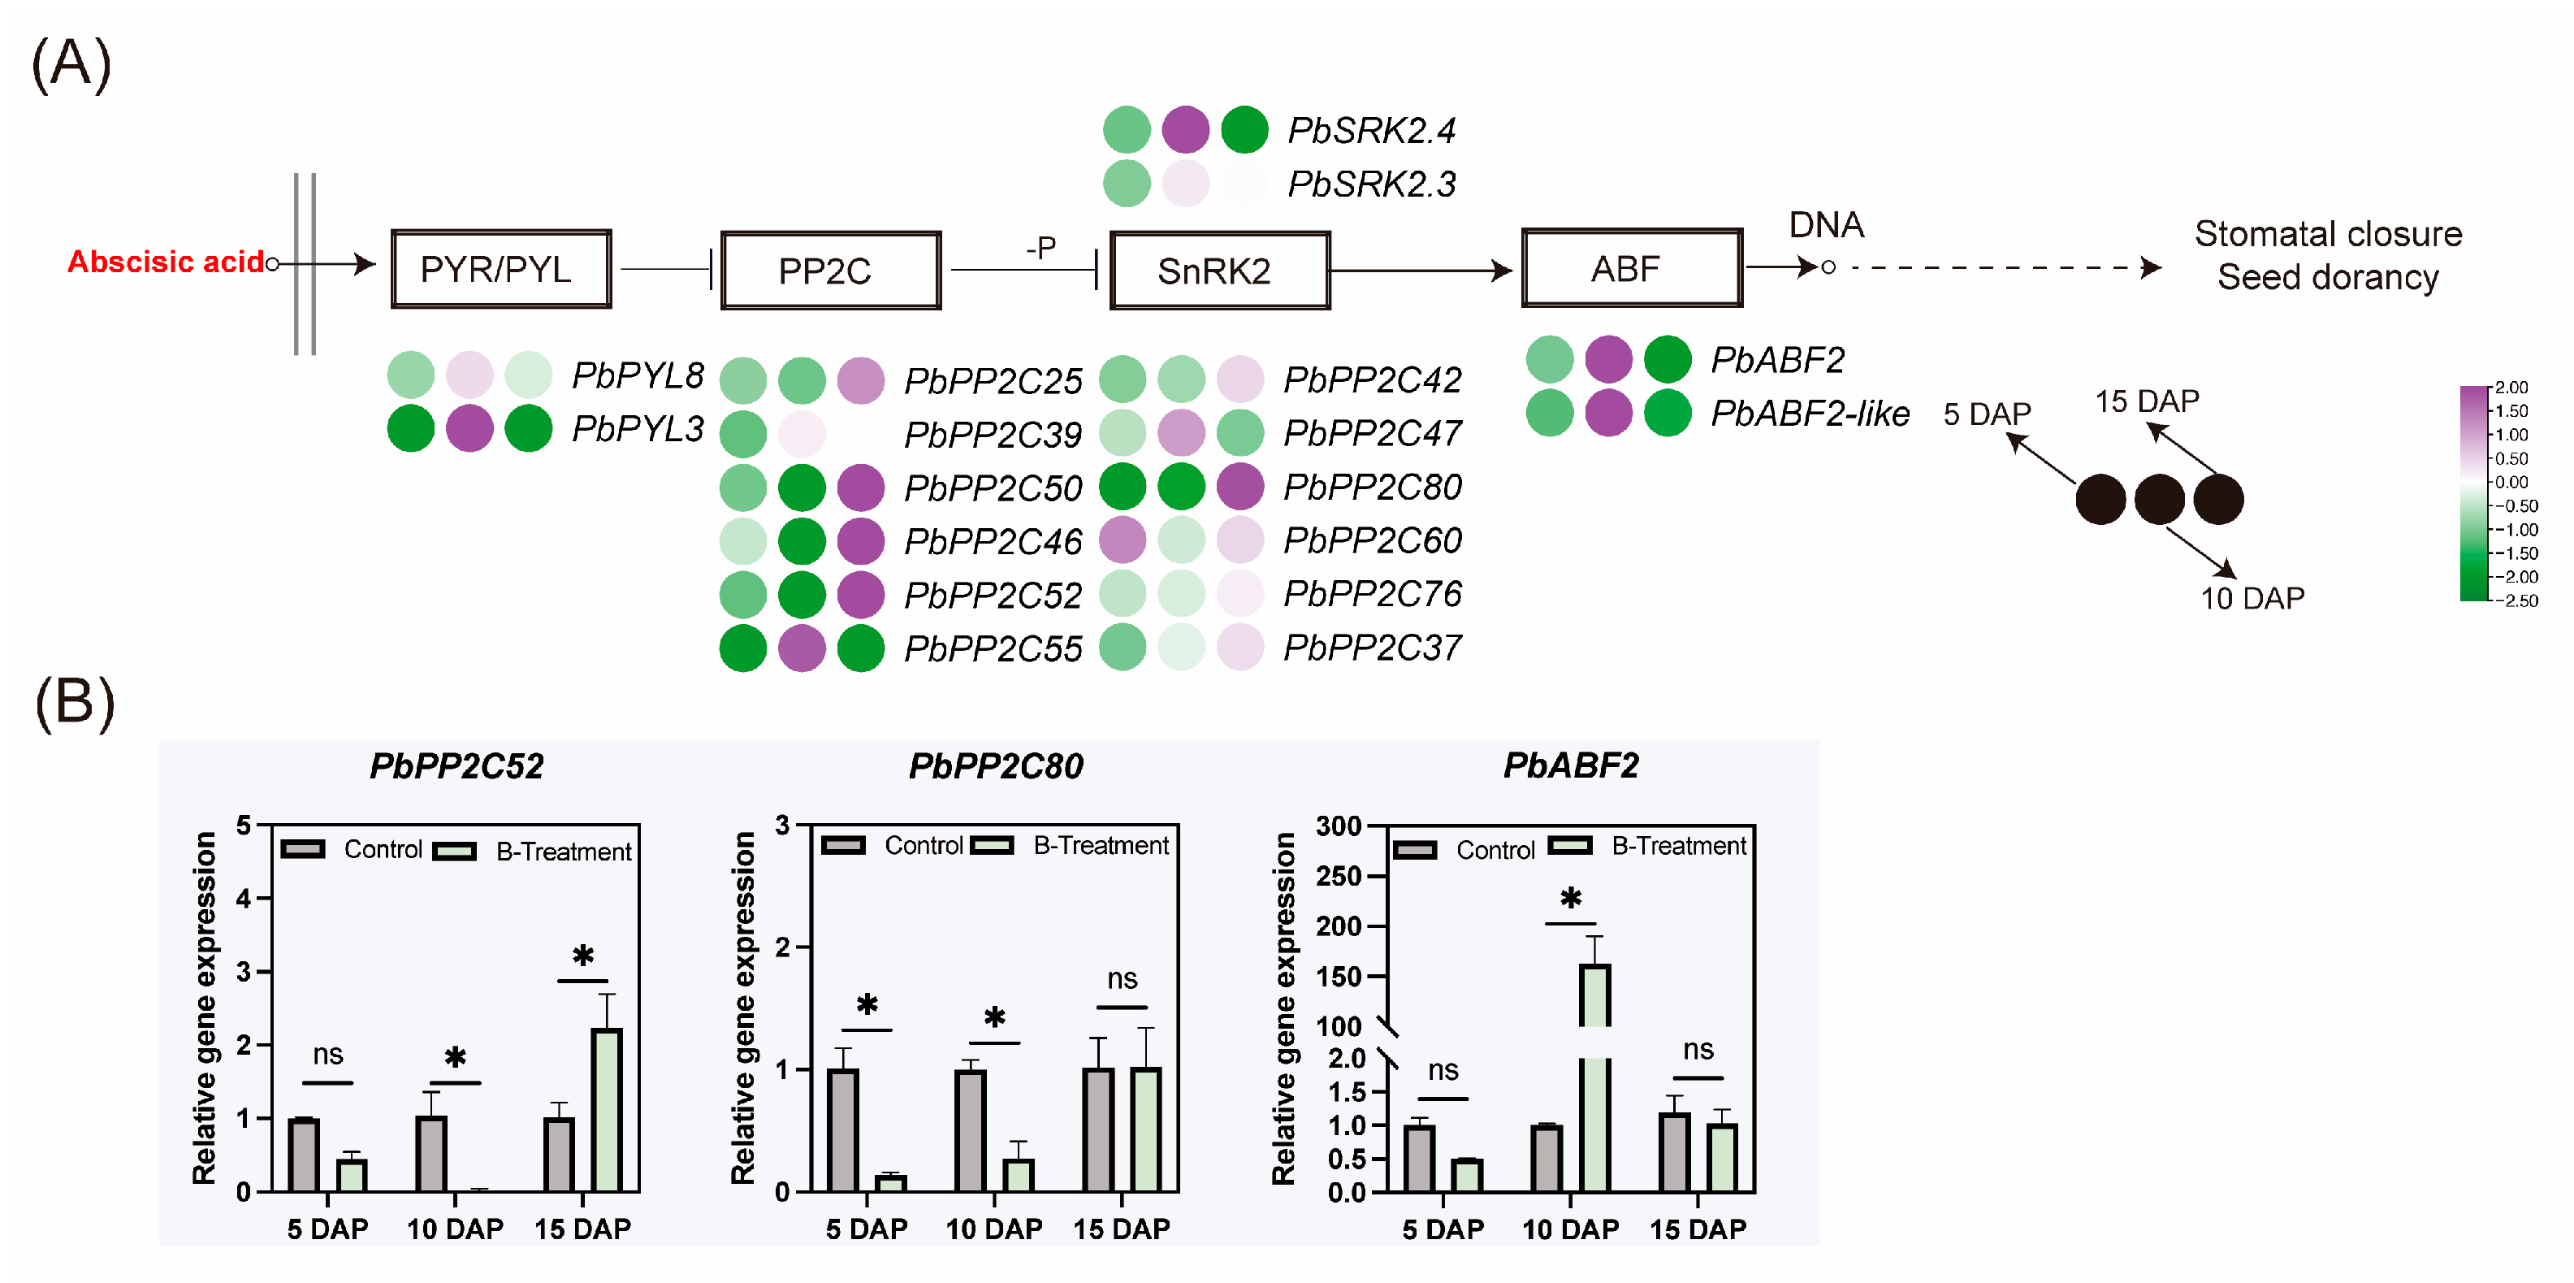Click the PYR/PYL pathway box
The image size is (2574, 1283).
(x=500, y=269)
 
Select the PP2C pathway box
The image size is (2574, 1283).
(x=829, y=270)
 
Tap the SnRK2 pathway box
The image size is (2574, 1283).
(x=1219, y=270)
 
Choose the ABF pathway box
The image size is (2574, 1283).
(x=1631, y=268)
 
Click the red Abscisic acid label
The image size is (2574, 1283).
(x=165, y=262)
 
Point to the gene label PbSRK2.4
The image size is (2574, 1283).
(x=1371, y=130)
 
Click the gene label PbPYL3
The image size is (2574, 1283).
(x=638, y=429)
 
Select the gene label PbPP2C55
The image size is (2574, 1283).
(x=993, y=648)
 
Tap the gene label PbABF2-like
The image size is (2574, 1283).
(x=1810, y=413)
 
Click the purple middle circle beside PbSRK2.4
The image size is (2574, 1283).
(x=1185, y=130)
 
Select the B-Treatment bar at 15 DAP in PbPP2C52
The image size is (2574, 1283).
(x=607, y=1109)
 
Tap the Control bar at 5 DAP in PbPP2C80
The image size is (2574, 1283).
(x=842, y=1130)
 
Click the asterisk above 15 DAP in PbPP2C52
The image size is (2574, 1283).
(x=582, y=956)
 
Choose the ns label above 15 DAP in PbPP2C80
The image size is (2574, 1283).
(x=1121, y=978)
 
